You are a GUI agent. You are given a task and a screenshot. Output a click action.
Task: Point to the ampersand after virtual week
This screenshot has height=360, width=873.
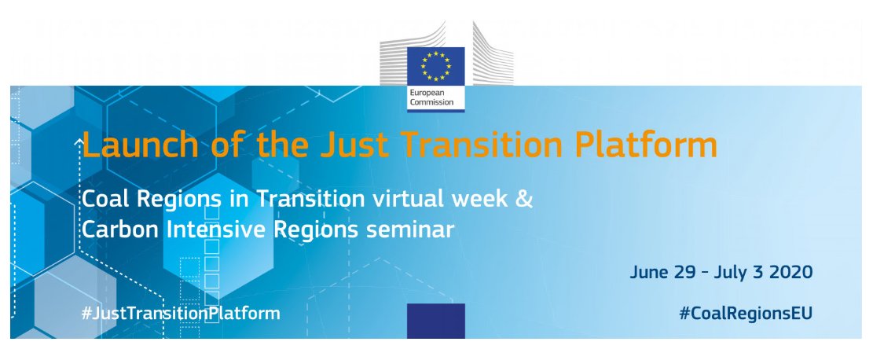pos(524,199)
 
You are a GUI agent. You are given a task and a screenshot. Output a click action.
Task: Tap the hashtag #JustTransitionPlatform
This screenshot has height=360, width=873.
pos(181,313)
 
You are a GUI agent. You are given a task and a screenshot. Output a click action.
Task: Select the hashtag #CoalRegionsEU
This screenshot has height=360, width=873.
pos(746,313)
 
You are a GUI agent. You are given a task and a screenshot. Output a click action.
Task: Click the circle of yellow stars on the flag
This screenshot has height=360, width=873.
pos(435,66)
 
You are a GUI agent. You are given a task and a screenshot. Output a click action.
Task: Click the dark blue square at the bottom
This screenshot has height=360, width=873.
pos(436,321)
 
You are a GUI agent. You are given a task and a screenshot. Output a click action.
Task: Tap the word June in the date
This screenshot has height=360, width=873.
pos(649,273)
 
